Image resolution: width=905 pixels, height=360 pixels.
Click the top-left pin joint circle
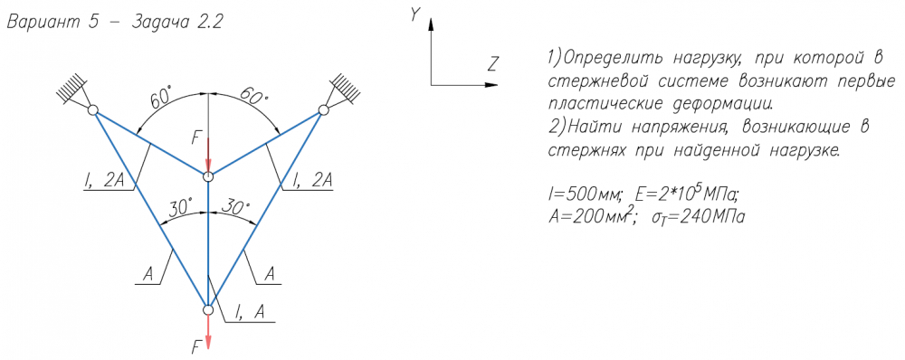[92, 109]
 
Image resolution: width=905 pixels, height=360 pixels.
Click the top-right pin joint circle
[324, 109]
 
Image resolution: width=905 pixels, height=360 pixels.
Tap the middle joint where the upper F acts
[208, 175]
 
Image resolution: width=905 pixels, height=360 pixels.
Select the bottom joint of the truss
[208, 310]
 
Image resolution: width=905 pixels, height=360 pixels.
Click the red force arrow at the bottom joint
[208, 332]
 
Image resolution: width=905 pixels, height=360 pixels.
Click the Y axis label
[414, 15]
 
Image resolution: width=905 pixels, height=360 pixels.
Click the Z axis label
[491, 63]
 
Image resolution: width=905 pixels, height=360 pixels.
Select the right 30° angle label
[237, 208]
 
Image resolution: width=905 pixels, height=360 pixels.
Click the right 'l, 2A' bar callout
[313, 181]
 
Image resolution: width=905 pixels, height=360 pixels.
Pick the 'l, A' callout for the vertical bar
[250, 312]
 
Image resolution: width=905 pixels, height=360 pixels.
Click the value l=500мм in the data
[586, 196]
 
